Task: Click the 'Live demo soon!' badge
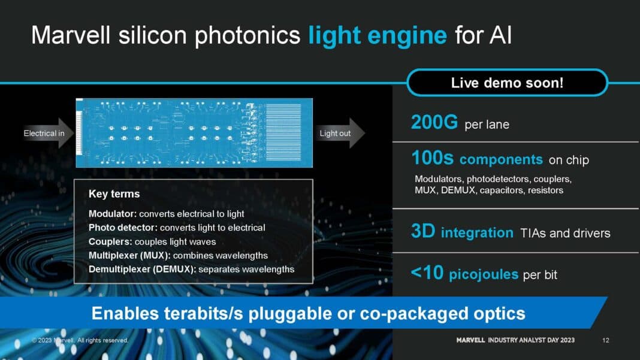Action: tap(507, 83)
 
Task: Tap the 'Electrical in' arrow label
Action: tap(44, 133)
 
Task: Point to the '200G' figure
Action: tap(434, 123)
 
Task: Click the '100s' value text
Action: tap(433, 158)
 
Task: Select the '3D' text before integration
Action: tap(423, 232)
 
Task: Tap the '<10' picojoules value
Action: tap(427, 273)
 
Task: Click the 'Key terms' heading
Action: tap(114, 193)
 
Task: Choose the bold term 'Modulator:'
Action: tap(113, 214)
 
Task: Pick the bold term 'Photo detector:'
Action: tap(123, 228)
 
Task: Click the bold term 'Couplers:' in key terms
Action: tap(110, 241)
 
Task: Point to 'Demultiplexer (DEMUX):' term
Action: tap(142, 269)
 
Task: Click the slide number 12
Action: tap(606, 340)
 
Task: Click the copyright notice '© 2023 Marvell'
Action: tap(80, 340)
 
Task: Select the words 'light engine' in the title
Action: tap(378, 35)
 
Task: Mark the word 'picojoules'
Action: tap(483, 274)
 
